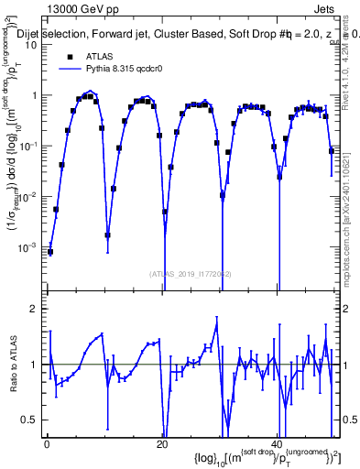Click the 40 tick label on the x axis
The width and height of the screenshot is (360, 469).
pyautogui.click(x=277, y=443)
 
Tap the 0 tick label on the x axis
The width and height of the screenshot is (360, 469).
pyautogui.click(x=47, y=443)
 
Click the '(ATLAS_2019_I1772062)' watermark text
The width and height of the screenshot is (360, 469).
pyautogui.click(x=191, y=273)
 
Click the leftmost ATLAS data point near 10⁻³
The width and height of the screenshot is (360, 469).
pyautogui.click(x=51, y=251)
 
